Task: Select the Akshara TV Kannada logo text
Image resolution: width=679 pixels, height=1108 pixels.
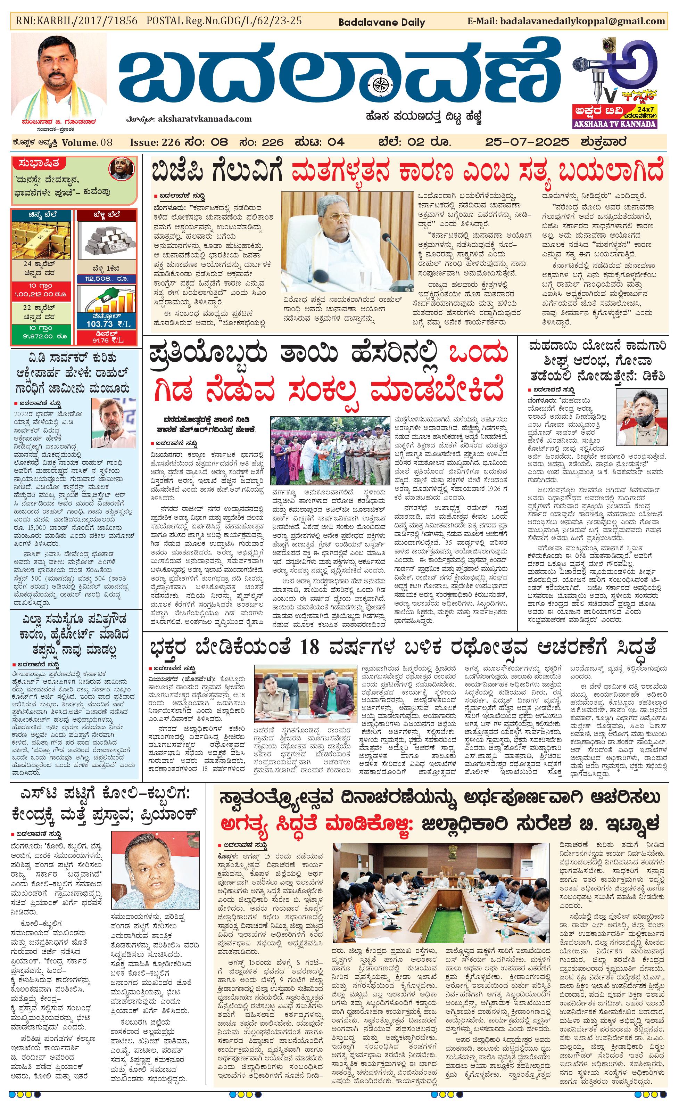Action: [x=615, y=124]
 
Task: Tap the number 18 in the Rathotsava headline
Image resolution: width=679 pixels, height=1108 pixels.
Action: [x=309, y=648]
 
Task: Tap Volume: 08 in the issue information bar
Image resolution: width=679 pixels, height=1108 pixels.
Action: [x=87, y=142]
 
